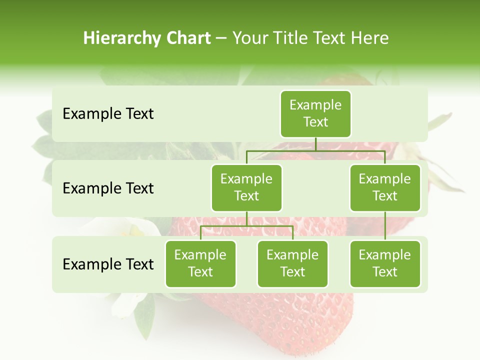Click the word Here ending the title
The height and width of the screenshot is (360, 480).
click(x=370, y=38)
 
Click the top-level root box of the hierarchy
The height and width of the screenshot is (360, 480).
click(x=315, y=114)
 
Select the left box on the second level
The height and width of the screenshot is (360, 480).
click(x=246, y=188)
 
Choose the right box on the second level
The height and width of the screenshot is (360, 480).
click(x=385, y=188)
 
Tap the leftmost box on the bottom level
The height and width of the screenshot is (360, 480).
click(x=200, y=264)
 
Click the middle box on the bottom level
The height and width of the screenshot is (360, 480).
click(x=292, y=264)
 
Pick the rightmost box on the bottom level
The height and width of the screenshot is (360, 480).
click(x=385, y=264)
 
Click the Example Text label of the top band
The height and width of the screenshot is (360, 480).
click(x=108, y=114)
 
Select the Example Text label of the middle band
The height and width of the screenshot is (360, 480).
click(x=108, y=188)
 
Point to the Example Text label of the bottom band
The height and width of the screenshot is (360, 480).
click(x=108, y=264)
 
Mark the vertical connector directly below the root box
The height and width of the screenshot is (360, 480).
click(x=315, y=144)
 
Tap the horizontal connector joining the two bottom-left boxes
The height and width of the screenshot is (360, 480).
click(x=246, y=226)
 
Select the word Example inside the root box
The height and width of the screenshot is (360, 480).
click(x=315, y=105)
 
